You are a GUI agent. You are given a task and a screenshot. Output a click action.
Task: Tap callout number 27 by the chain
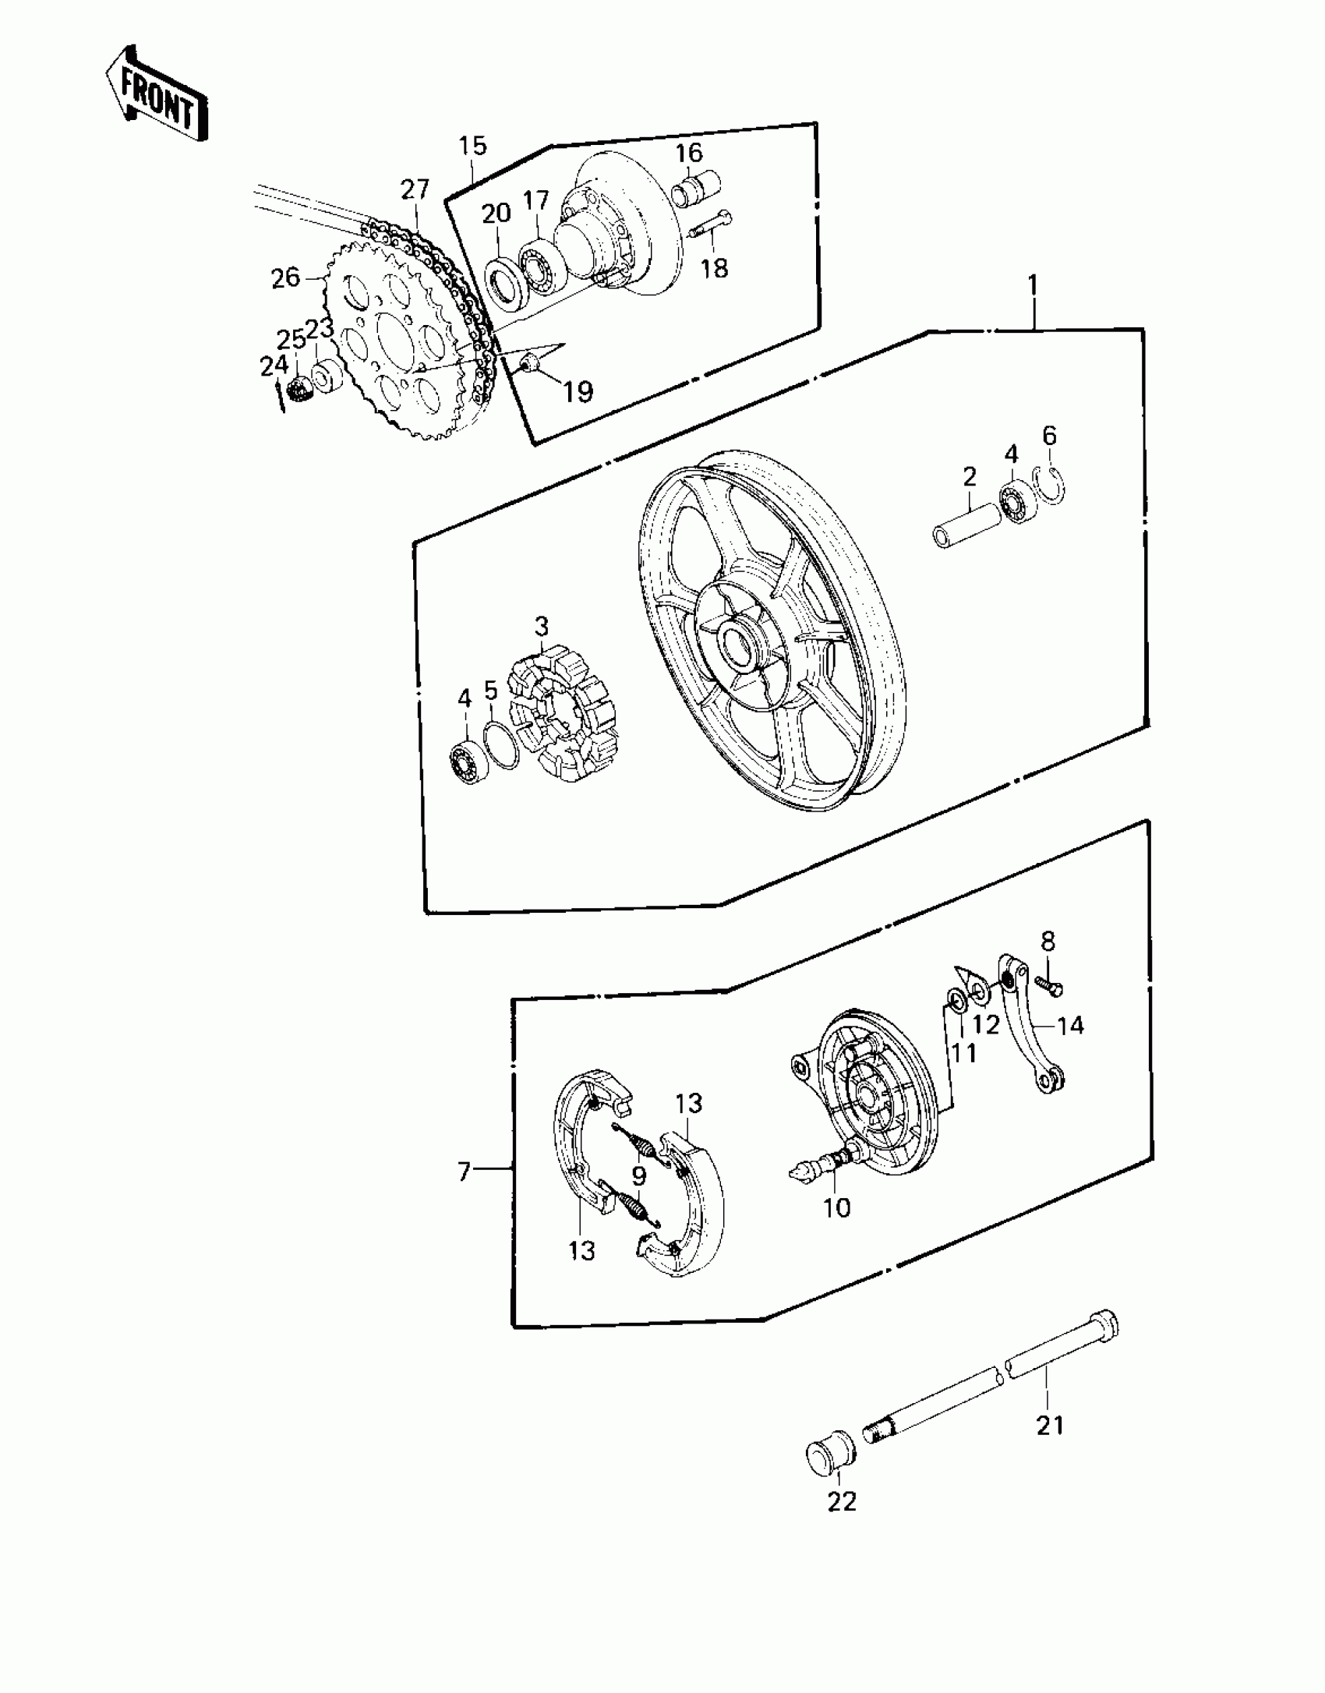click(415, 190)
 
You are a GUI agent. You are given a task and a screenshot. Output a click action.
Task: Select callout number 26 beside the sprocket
click(285, 277)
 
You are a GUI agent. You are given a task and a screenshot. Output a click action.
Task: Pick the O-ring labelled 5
click(501, 745)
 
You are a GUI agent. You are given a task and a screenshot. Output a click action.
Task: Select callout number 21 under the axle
click(1050, 1425)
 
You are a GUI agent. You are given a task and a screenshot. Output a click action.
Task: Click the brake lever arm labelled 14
click(1027, 1023)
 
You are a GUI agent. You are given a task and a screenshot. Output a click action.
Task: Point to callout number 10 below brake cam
click(837, 1207)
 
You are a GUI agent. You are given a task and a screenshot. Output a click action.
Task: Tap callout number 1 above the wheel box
click(1033, 285)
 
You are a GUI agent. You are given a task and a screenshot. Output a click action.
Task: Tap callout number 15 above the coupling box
click(472, 146)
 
